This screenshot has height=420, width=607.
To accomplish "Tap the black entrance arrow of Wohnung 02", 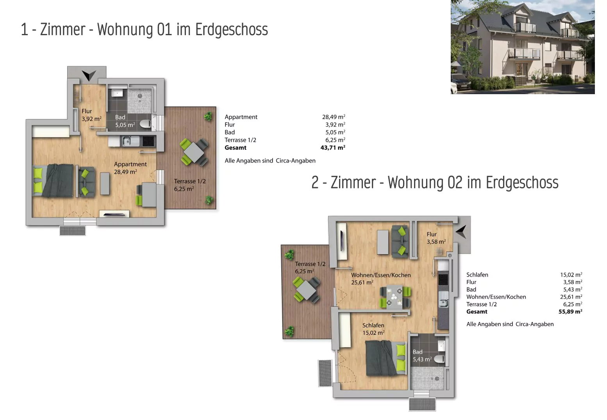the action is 461,232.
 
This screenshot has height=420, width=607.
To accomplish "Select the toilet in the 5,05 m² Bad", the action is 145,124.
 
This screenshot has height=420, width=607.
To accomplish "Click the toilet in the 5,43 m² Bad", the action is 439,359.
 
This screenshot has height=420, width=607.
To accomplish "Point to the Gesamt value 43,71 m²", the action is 333,148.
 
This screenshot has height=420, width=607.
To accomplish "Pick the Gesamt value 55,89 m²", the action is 570,312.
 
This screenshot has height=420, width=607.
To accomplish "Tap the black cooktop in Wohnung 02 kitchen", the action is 443,279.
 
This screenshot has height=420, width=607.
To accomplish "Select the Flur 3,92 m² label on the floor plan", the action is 91,115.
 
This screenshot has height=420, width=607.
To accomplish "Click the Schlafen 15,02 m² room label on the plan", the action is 373,329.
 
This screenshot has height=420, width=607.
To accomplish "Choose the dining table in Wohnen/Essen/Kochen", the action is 395,297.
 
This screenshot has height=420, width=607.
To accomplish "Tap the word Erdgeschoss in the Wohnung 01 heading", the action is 231,30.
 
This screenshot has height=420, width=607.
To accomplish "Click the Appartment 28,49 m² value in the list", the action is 334,117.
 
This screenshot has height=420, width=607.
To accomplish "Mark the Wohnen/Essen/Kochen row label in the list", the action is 496,297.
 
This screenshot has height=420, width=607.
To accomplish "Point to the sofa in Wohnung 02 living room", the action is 400,241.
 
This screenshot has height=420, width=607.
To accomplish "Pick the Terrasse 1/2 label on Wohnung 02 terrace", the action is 310,264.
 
